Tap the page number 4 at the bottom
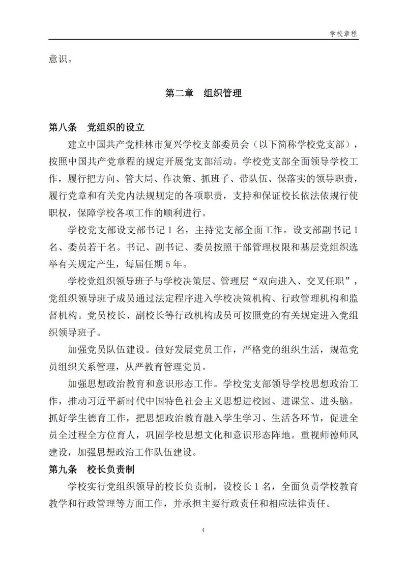click(x=203, y=531)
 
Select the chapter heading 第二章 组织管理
click(x=203, y=93)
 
